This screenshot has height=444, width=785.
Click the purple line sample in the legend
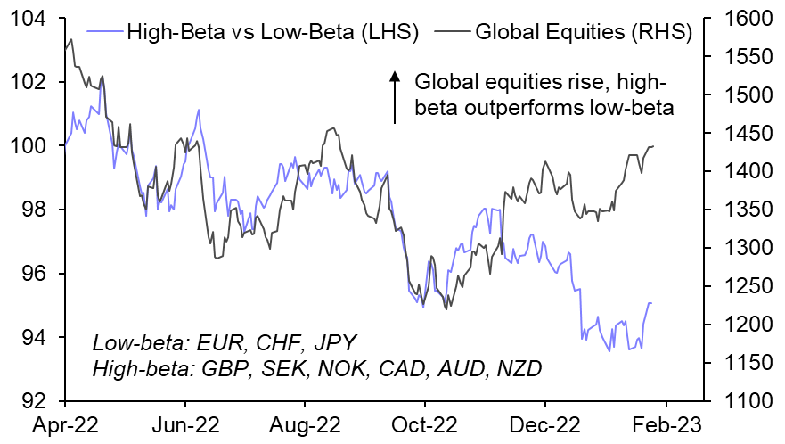pyautogui.click(x=104, y=34)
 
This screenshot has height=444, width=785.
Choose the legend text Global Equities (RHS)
pyautogui.click(x=584, y=34)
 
